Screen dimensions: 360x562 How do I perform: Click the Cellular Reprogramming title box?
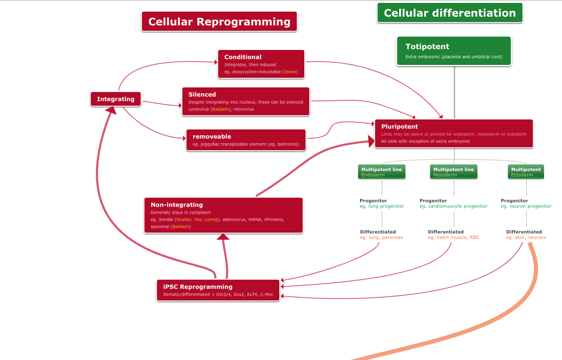[219, 22]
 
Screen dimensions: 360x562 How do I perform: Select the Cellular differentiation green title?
[450, 13]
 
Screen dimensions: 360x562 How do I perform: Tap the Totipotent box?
[454, 51]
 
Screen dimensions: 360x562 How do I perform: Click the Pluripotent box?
[454, 134]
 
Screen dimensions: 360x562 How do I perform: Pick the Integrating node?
[116, 99]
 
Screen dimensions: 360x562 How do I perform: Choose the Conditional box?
[261, 64]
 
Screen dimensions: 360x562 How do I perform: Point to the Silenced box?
[246, 102]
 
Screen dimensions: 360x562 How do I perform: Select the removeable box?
[246, 140]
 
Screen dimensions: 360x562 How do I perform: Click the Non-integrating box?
[224, 215]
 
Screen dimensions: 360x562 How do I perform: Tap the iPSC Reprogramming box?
[218, 290]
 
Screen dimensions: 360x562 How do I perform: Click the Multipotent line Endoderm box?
[382, 172]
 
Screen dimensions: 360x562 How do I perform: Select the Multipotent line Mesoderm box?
[454, 172]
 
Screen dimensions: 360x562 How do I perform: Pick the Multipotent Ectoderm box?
[526, 172]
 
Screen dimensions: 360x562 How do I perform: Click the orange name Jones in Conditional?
[290, 72]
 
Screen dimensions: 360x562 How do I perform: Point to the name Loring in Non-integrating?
[211, 219]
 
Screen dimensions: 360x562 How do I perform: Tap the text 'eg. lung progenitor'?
[382, 206]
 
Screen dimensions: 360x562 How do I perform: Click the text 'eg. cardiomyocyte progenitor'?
[453, 206]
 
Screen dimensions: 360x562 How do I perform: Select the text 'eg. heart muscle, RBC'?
[453, 237]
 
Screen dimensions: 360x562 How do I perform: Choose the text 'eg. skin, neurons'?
[526, 237]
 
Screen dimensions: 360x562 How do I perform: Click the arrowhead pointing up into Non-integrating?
[223, 237]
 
